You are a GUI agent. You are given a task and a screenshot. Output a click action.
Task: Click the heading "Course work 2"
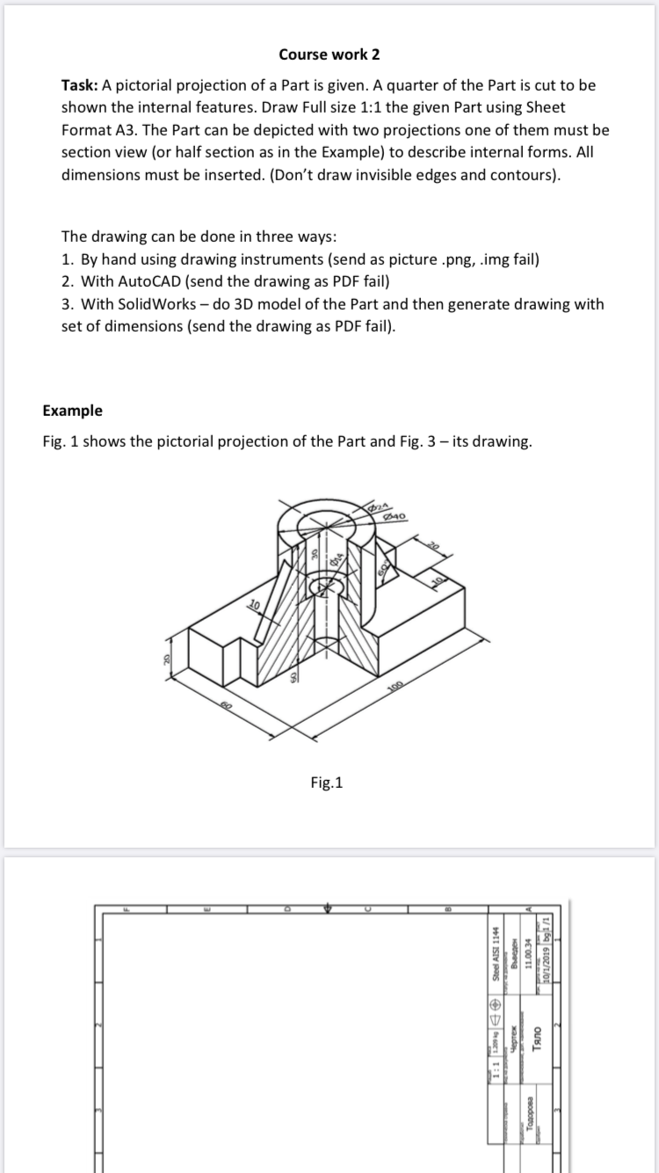coord(329,55)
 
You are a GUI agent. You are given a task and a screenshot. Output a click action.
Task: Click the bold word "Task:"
coord(80,85)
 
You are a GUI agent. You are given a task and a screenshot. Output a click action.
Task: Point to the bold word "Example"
coord(72,411)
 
